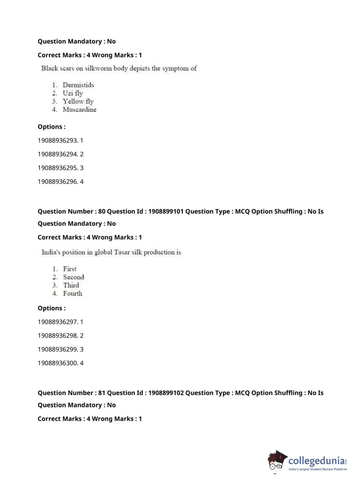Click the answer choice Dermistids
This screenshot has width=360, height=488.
tap(78, 85)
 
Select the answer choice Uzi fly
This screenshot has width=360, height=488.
tap(73, 93)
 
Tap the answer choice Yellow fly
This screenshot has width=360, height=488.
tap(78, 101)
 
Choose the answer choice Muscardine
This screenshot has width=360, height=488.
tap(79, 109)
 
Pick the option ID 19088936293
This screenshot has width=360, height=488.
tap(58, 140)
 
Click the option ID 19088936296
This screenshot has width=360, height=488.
tap(58, 181)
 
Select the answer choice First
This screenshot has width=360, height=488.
tap(69, 269)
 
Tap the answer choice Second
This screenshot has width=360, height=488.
tap(73, 277)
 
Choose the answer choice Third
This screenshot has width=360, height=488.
tap(71, 285)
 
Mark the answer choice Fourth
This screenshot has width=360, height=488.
tap(72, 294)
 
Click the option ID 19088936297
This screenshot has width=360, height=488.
tap(58, 322)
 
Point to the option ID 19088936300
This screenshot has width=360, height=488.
tap(58, 363)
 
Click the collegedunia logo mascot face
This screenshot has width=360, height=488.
tap(276, 462)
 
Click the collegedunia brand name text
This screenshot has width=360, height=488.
tap(316, 461)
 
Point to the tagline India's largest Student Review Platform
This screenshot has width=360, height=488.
tap(318, 469)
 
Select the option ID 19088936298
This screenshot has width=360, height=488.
tap(58, 335)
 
